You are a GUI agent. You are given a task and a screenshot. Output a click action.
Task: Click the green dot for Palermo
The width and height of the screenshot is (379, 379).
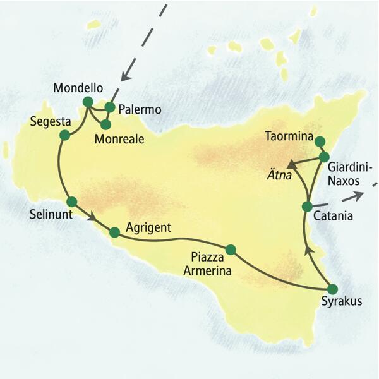[110, 107]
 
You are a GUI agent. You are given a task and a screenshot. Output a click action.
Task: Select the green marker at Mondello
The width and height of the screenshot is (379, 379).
[88, 102]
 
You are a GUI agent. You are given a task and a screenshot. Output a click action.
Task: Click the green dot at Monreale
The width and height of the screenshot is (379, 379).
[105, 124]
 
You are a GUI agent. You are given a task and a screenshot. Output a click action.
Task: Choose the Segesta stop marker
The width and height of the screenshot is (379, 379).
[64, 135]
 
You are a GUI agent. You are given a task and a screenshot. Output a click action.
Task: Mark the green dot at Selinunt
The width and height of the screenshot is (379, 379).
[71, 202]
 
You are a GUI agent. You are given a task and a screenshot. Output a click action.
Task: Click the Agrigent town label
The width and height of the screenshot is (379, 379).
[148, 227]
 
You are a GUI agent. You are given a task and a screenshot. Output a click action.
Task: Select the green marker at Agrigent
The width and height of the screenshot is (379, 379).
[114, 232]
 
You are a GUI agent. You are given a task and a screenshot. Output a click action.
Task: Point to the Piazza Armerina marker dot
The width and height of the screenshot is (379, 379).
[230, 250]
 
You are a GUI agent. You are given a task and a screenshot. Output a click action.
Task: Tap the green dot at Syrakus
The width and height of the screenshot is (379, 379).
[334, 289]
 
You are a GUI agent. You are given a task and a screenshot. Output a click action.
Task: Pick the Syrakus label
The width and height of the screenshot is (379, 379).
[341, 302]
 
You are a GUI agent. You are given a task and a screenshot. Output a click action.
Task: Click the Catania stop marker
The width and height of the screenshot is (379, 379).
[307, 207]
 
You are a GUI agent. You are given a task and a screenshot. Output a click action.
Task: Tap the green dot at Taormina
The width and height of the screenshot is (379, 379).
[320, 141]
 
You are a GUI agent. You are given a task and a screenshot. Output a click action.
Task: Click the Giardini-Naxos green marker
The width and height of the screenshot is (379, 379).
[324, 156]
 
